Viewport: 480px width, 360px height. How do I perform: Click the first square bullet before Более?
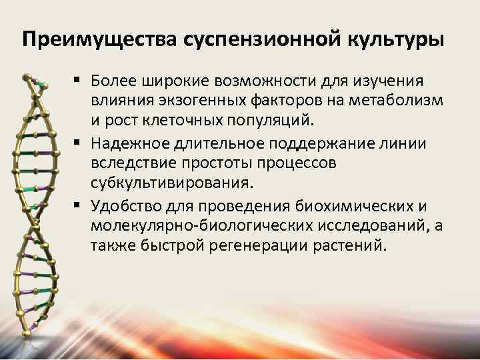(79, 81)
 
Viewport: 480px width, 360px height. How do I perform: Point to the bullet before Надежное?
(79, 143)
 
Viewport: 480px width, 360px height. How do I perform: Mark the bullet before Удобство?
(79, 204)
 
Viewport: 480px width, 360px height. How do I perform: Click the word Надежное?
(127, 143)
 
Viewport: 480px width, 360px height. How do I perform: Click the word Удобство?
(125, 205)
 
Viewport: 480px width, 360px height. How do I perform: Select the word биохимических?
(351, 205)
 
